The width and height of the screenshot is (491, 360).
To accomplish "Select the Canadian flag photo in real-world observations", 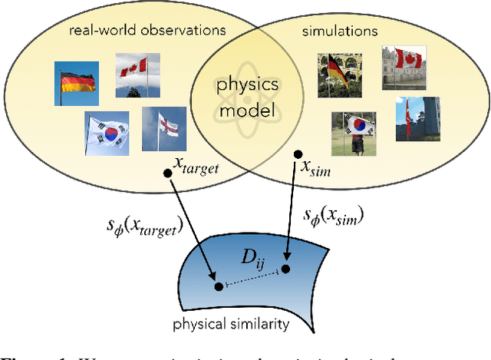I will pos(139,75).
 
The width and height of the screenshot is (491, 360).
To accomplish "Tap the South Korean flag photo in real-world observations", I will pos(106,133).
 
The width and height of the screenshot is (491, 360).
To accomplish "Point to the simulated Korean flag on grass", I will pos(354,134).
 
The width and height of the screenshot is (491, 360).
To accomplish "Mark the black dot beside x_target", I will pos(167,172).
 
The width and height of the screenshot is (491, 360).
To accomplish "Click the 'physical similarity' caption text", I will pos(242,323).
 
